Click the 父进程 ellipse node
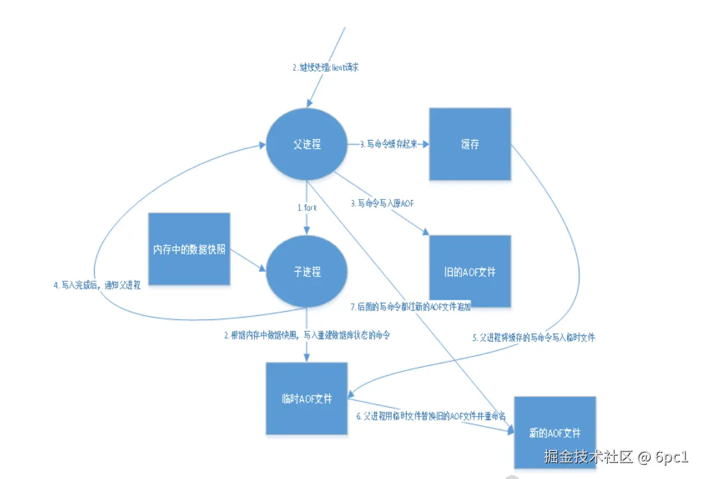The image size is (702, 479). tap(307, 145)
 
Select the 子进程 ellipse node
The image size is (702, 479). tap(307, 272)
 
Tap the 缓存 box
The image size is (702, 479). tap(470, 144)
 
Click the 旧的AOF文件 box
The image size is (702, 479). tap(470, 272)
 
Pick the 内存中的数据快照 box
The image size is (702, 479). tap(189, 249)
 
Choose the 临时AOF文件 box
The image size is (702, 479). tap(306, 398)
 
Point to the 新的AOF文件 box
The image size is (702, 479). tap(554, 432)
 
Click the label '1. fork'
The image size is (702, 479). tap(307, 208)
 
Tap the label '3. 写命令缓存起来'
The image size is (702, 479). tap(388, 144)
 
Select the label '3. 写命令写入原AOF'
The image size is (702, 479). tap(382, 204)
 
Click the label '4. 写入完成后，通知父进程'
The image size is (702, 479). tap(96, 285)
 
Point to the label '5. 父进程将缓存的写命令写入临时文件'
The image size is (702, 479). tap(533, 338)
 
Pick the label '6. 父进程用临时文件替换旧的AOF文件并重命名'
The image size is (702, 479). tap(432, 416)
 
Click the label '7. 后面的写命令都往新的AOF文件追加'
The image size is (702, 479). tap(411, 307)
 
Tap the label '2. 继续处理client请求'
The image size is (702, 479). tap(325, 68)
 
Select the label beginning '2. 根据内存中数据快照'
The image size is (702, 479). tap(307, 335)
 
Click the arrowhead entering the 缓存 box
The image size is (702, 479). tap(425, 144)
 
